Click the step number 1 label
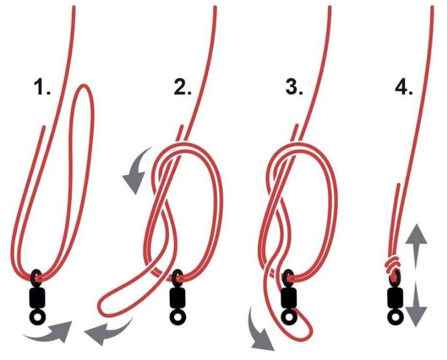43,88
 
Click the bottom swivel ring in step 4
394,315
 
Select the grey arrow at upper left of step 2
135,171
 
